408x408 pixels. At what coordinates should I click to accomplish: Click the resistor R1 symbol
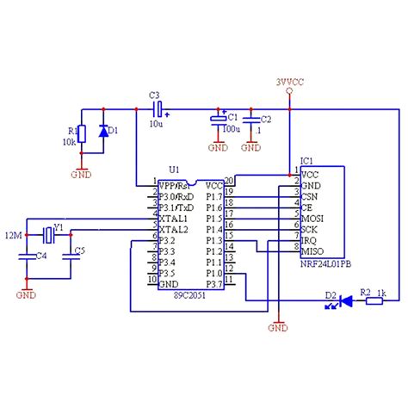[82, 134]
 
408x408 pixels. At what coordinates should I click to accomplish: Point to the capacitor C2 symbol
[250, 124]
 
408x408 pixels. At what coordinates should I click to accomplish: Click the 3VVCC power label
[289, 83]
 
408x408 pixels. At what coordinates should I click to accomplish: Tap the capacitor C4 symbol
[28, 256]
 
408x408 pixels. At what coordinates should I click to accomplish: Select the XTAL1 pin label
[175, 219]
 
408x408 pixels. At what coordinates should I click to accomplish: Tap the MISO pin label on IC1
[312, 250]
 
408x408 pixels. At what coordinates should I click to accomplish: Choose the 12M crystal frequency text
[13, 234]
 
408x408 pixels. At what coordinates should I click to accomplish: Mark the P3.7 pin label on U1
[214, 282]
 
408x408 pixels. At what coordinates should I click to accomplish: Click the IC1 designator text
[306, 161]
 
